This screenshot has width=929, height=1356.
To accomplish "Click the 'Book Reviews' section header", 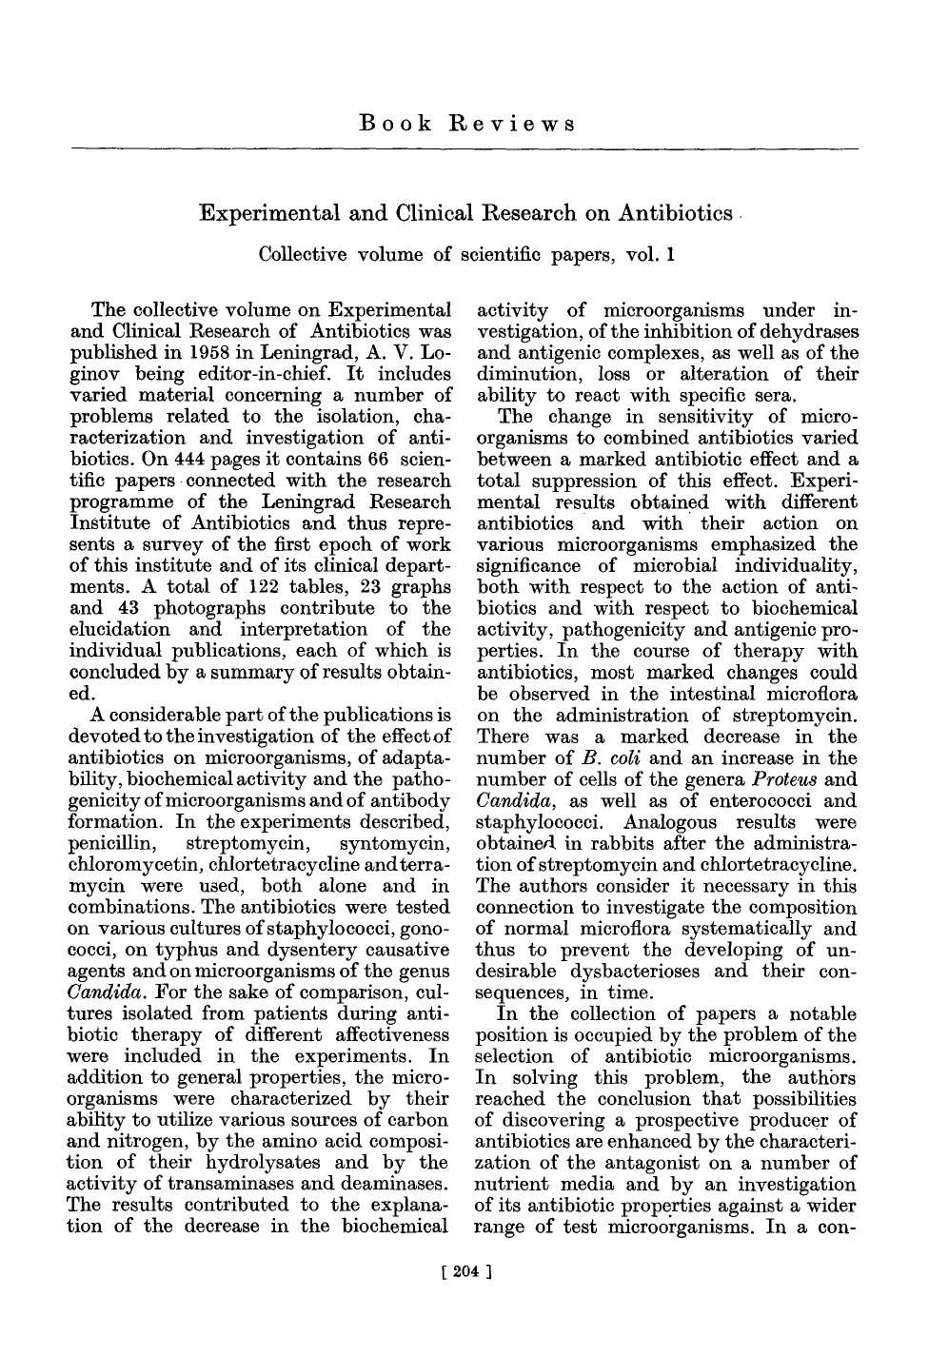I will [x=466, y=124].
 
